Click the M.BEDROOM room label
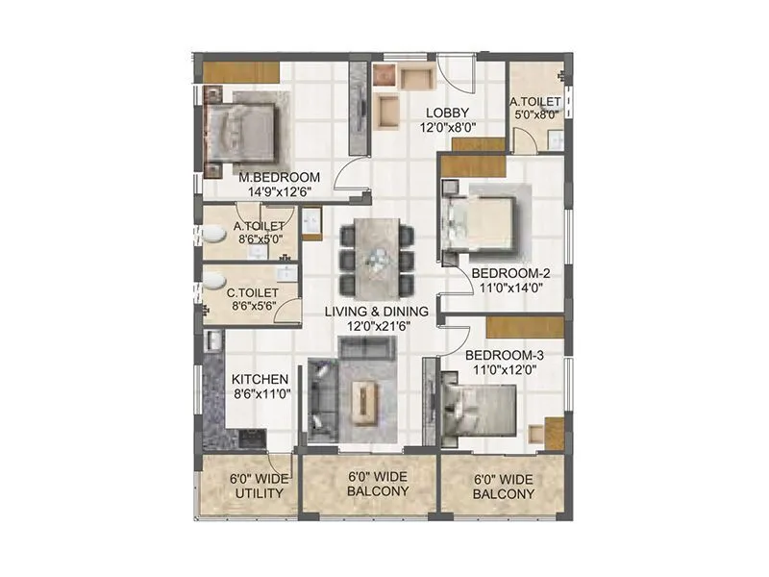[279, 177]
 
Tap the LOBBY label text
[448, 112]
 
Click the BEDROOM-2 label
[509, 273]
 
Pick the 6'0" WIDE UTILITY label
[255, 486]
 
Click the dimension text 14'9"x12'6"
[280, 191]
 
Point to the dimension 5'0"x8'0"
[535, 114]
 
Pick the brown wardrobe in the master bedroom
[241, 72]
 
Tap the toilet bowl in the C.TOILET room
[212, 281]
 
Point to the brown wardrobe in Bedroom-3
[524, 327]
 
